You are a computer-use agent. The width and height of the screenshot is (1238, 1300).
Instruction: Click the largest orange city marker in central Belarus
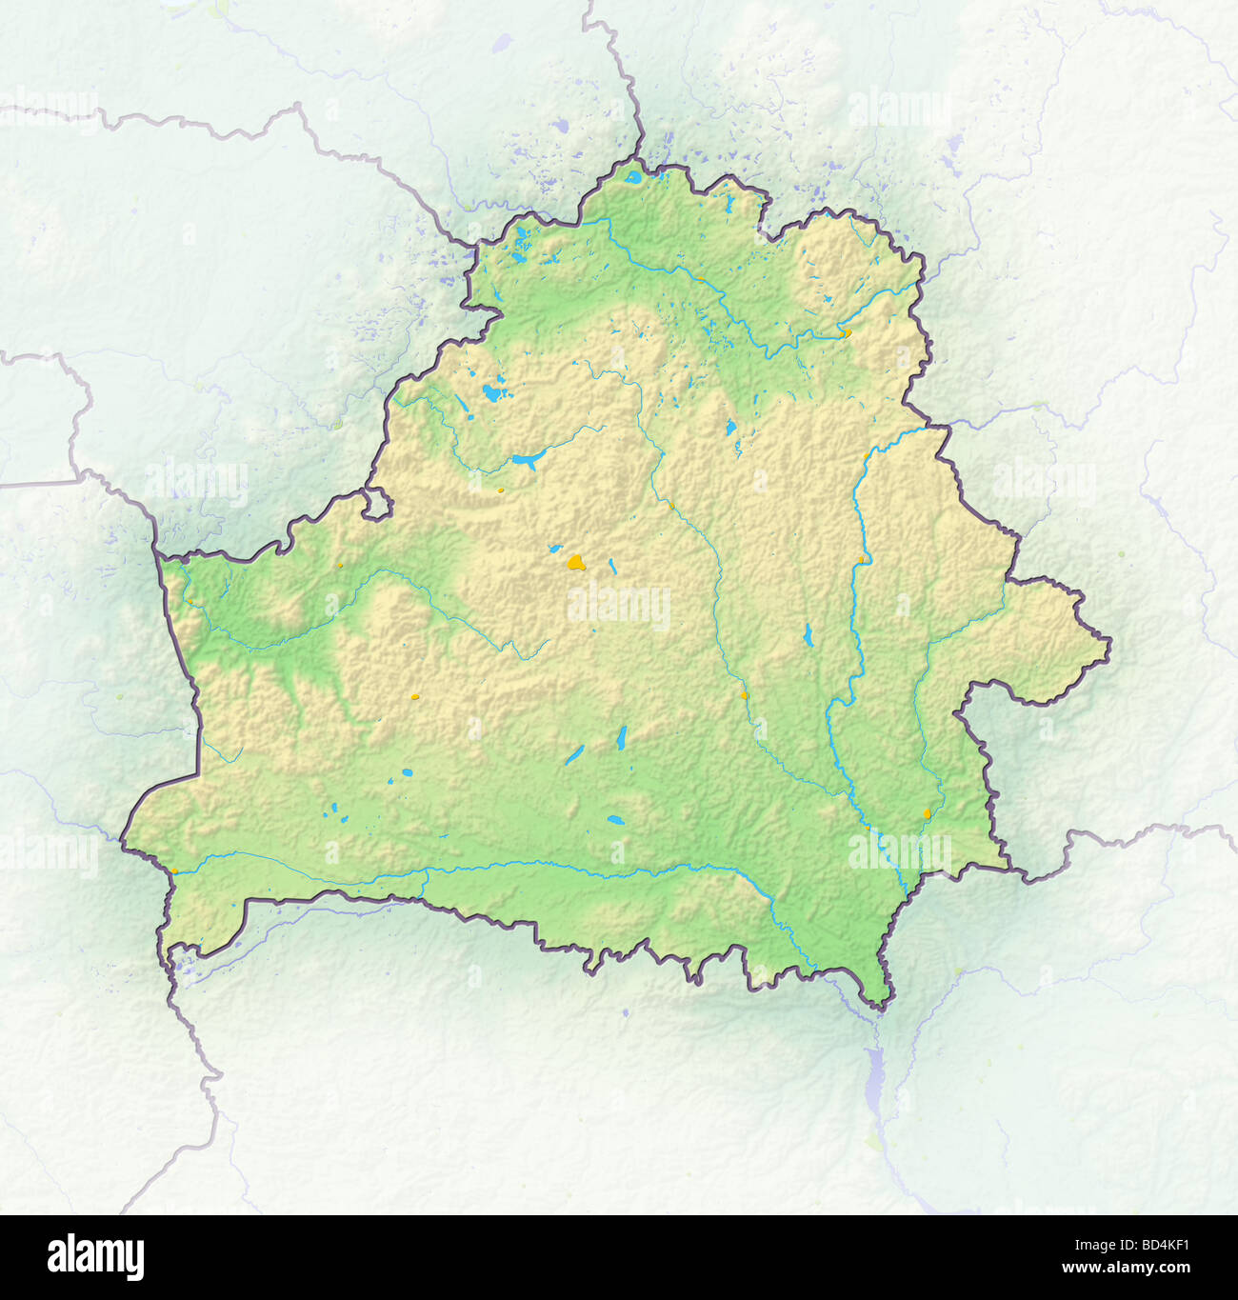click(x=575, y=563)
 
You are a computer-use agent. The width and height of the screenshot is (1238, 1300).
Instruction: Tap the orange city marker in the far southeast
click(x=928, y=814)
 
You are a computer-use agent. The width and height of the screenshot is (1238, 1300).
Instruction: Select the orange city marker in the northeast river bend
click(x=845, y=332)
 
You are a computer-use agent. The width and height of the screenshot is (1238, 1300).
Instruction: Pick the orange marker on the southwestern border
click(x=174, y=870)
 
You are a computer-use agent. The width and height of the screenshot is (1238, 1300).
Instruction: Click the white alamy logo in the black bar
click(x=95, y=1257)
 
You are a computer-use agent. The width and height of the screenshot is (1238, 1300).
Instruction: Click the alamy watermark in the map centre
click(x=619, y=607)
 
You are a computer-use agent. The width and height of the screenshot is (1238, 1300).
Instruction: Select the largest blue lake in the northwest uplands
click(x=492, y=391)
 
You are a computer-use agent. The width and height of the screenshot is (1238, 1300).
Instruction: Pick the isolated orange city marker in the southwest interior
click(x=414, y=698)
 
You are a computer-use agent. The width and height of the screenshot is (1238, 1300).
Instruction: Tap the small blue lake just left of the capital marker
click(x=553, y=549)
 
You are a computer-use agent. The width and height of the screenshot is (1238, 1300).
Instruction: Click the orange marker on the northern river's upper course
click(x=701, y=280)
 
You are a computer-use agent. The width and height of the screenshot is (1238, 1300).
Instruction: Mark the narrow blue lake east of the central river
click(x=808, y=634)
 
